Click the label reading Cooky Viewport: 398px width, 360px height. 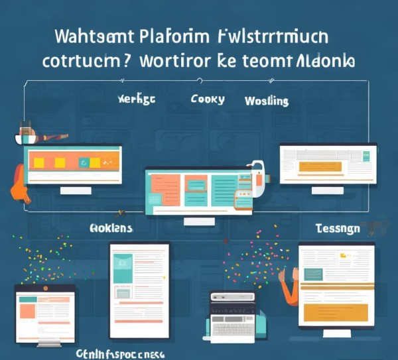[x=208, y=99]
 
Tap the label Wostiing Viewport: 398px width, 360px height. [x=266, y=101]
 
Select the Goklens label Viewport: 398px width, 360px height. [x=110, y=228]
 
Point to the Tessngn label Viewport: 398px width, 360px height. [x=338, y=228]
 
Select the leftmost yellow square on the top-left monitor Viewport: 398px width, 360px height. [x=39, y=162]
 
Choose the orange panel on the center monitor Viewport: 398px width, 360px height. [x=166, y=191]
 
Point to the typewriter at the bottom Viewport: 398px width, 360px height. [x=232, y=316]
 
